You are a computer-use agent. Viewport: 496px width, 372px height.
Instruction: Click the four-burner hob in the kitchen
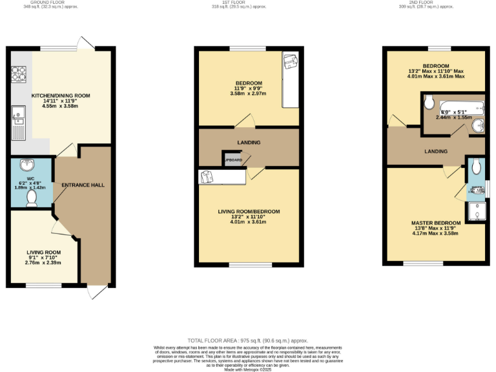pyautogui.click(x=17, y=75)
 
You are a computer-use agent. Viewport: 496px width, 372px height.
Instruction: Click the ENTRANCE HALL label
pyautogui.click(x=83, y=185)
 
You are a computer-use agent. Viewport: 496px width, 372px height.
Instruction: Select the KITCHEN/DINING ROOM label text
pyautogui.click(x=67, y=96)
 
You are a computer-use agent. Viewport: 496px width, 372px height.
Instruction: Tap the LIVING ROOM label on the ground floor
pyautogui.click(x=43, y=253)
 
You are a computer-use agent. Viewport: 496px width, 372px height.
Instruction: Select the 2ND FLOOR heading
pyautogui.click(x=423, y=3)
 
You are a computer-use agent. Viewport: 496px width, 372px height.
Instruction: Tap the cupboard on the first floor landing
pyautogui.click(x=232, y=160)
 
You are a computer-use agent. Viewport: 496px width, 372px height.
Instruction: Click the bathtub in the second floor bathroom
pyautogui.click(x=461, y=107)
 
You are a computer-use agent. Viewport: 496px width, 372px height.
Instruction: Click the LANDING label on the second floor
pyautogui.click(x=436, y=152)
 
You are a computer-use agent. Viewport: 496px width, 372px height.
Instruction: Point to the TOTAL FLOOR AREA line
pyautogui.click(x=247, y=340)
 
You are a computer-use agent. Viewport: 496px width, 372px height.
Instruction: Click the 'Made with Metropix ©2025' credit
pyautogui.click(x=248, y=368)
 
